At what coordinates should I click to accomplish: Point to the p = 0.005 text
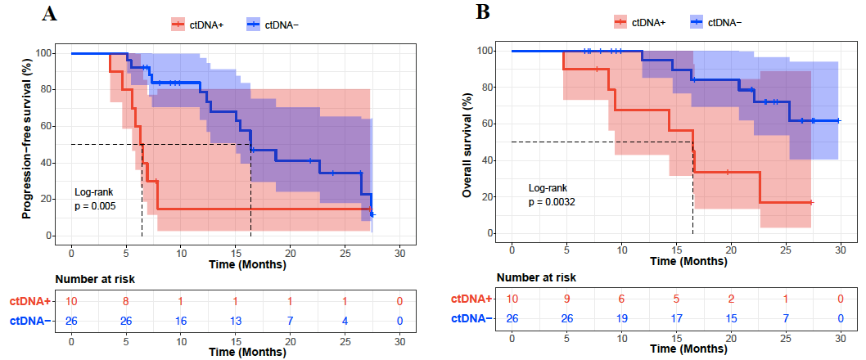click(95, 206)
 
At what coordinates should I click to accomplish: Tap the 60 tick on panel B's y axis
click(490, 124)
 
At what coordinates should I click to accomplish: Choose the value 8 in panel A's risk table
click(126, 302)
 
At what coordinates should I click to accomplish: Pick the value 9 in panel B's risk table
click(566, 299)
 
